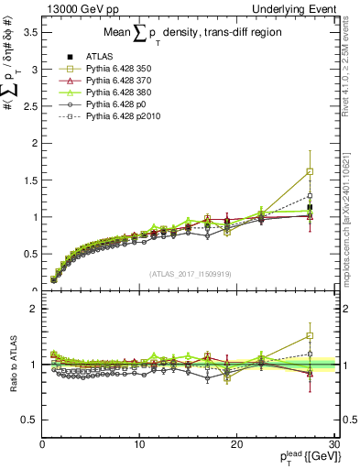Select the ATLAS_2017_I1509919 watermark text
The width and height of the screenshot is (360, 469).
[191, 274]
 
